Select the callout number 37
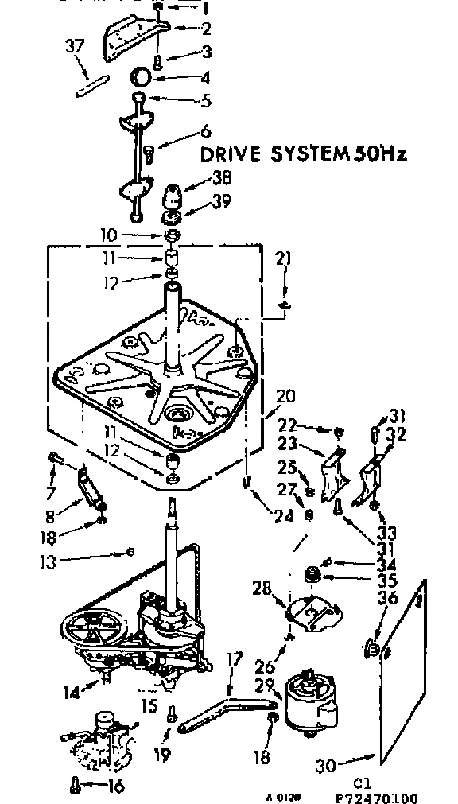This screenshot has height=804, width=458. coord(74,48)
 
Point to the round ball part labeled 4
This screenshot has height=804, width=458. coord(142,77)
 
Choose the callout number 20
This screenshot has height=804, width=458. coord(285,396)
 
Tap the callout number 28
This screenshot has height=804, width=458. coord(263,589)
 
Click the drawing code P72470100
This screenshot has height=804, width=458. coord(378,798)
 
